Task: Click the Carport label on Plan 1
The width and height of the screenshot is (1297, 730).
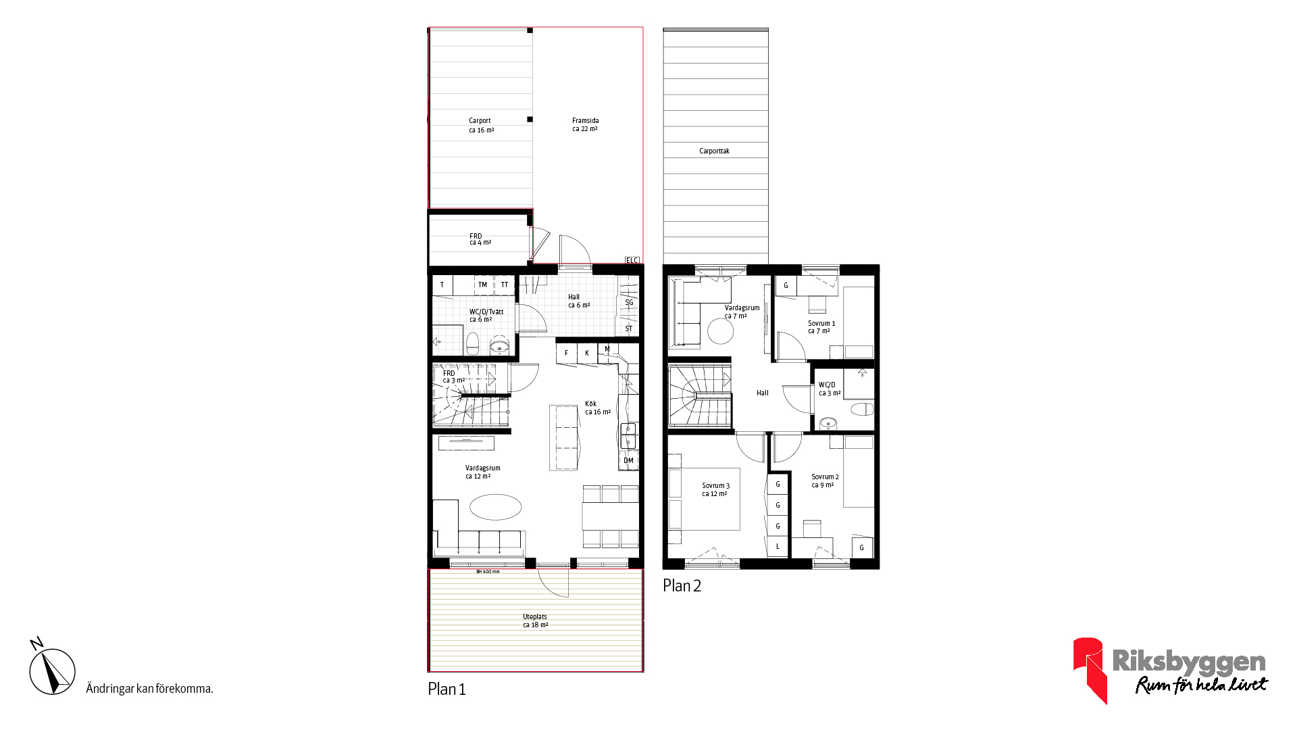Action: [x=480, y=121]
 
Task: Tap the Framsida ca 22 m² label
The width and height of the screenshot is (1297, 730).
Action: [x=585, y=125]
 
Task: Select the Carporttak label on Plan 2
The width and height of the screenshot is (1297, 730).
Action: [x=714, y=151]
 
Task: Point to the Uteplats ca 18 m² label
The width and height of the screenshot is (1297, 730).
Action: [x=535, y=621]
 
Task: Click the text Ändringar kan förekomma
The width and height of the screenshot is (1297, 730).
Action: [x=149, y=689]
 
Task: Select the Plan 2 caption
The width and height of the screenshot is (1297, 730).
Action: [x=682, y=586]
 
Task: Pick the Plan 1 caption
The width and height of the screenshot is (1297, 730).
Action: [x=447, y=689]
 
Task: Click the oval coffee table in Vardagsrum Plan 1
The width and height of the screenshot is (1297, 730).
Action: [x=495, y=507]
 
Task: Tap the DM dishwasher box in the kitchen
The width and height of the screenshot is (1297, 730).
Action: [x=628, y=461]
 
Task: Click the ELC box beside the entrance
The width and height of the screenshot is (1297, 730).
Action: [x=632, y=260]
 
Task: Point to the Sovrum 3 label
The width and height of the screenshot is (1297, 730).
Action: [x=715, y=486]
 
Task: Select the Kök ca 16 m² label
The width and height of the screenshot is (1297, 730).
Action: [x=598, y=408]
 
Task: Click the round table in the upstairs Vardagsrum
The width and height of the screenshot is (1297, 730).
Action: [x=721, y=331]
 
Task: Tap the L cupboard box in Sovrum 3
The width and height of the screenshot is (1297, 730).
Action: [x=778, y=546]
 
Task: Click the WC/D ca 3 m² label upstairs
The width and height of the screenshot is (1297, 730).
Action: [x=830, y=389]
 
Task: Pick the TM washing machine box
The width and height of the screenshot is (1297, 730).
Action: [x=483, y=285]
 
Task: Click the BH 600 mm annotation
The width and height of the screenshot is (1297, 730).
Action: [x=488, y=572]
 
